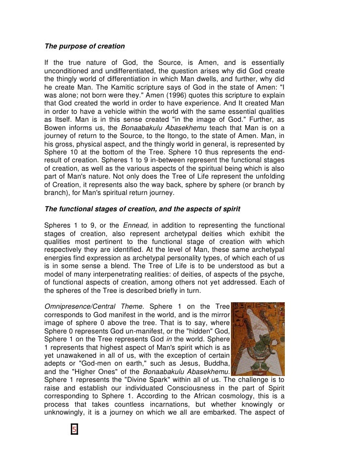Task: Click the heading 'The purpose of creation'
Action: point(85,47)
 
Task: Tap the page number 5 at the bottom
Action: point(74,429)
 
